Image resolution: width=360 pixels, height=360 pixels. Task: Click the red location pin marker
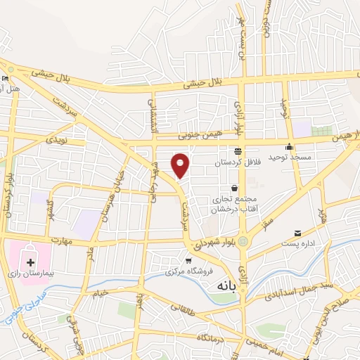pyautogui.click(x=181, y=165)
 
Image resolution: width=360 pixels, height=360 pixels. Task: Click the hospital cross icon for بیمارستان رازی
pyautogui.click(x=30, y=262)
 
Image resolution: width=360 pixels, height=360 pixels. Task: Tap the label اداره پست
pyautogui.click(x=307, y=244)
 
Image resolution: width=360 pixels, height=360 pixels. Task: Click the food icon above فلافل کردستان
pyautogui.click(x=238, y=150)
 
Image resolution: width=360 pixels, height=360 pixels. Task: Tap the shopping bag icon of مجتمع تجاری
pyautogui.click(x=234, y=188)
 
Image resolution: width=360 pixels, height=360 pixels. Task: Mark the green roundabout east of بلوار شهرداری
pyautogui.click(x=243, y=241)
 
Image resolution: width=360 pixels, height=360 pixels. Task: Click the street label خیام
pyautogui.click(x=101, y=291)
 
